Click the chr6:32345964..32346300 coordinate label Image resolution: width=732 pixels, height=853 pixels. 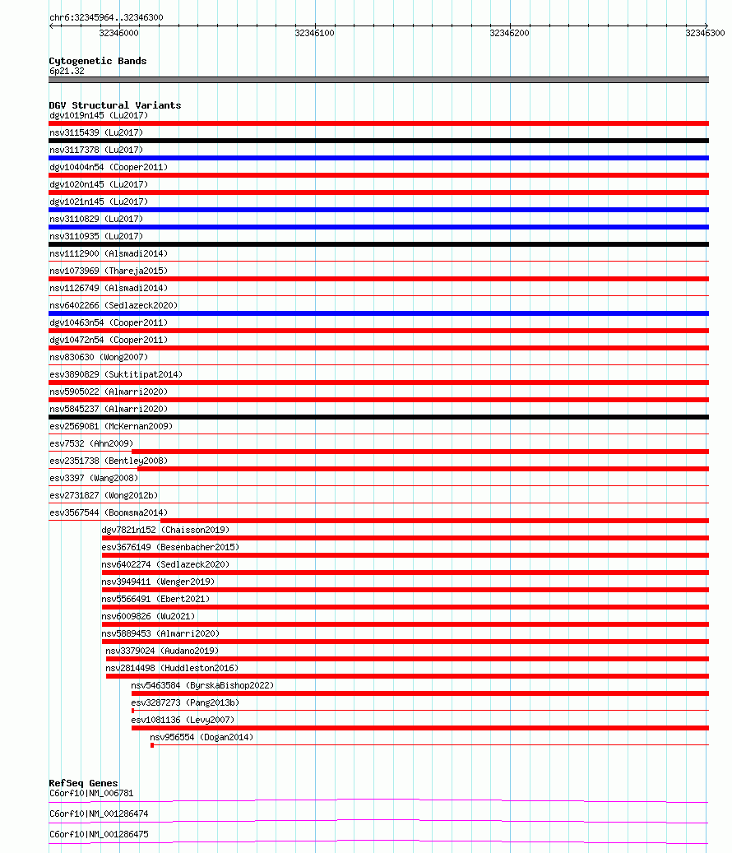[x=106, y=17]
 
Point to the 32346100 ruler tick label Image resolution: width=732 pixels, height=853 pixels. [x=314, y=33]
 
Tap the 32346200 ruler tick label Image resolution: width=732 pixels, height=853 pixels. [x=509, y=33]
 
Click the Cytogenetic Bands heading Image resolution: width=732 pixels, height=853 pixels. [x=98, y=61]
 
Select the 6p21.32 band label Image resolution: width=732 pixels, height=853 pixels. [x=67, y=71]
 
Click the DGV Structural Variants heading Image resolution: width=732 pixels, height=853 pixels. [x=115, y=105]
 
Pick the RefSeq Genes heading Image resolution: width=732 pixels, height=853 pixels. [x=83, y=783]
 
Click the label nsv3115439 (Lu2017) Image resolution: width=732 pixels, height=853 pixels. [x=96, y=132]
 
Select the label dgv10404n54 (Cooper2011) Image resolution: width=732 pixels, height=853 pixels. [x=109, y=167]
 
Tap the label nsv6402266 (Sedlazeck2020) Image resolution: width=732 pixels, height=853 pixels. [x=114, y=305]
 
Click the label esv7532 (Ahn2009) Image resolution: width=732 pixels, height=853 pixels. [x=91, y=443]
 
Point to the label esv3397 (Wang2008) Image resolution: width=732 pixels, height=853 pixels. [x=94, y=478]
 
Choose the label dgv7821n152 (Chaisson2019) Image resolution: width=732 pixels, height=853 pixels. [x=165, y=530]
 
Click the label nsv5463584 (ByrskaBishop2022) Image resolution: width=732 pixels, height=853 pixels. [x=202, y=685]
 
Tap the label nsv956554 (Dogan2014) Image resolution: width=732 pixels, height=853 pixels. [x=202, y=737]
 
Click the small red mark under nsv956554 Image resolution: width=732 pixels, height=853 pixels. [x=152, y=745]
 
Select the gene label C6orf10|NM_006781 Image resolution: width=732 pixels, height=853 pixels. [x=91, y=793]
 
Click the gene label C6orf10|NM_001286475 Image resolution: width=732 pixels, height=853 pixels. [x=99, y=834]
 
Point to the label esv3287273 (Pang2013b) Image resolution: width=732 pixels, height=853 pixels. [x=185, y=702]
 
